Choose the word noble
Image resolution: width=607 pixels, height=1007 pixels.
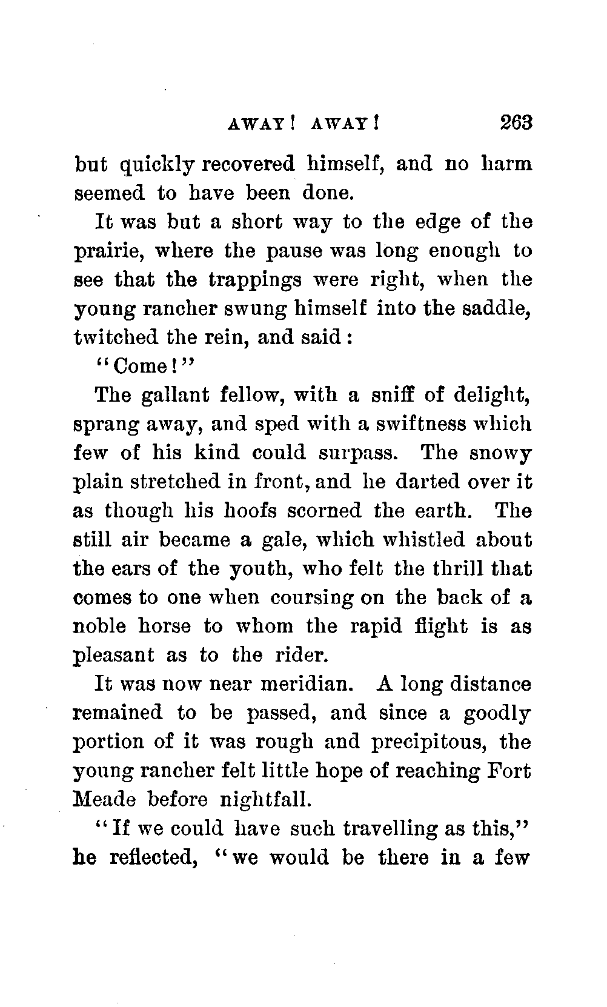(x=101, y=626)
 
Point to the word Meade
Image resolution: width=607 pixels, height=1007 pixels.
(x=100, y=800)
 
